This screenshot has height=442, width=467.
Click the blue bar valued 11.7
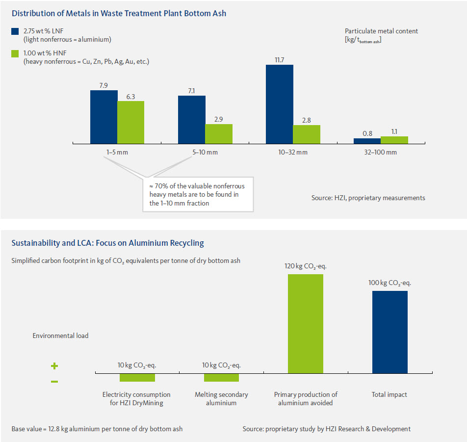[280, 104]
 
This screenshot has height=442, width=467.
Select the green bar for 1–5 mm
[130, 122]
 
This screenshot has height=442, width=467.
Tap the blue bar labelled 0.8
[367, 141]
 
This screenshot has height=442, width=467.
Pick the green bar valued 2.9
[219, 133]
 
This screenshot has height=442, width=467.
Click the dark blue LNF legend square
[15, 31]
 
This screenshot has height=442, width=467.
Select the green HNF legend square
[15, 53]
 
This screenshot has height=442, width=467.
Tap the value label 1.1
[395, 131]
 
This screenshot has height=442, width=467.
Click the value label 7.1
[191, 91]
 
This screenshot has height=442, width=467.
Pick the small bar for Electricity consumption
[137, 377]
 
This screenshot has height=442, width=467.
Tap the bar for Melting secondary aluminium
[221, 377]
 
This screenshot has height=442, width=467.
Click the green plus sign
[54, 366]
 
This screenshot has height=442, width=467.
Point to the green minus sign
[54, 381]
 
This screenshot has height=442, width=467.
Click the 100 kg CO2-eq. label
[390, 283]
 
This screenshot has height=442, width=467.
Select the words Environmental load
[60, 336]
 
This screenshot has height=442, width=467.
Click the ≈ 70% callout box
[198, 194]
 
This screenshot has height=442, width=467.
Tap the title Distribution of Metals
[119, 13]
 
